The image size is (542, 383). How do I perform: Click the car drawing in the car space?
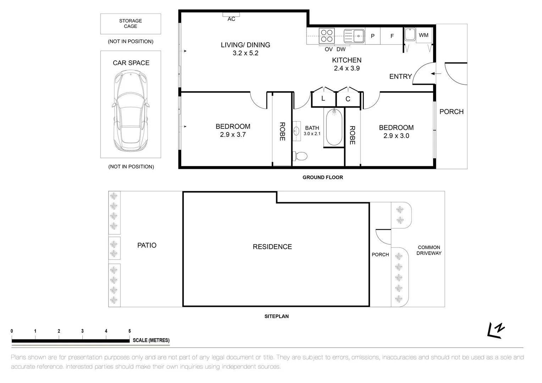point(131,111)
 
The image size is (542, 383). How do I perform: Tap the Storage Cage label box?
point(131,24)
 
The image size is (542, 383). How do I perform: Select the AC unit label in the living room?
point(231,19)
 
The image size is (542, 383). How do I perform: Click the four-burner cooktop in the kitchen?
point(326,35)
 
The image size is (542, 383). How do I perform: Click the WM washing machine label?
point(424,35)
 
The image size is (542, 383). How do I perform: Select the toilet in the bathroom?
point(301,156)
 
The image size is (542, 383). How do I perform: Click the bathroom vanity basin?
point(297,131)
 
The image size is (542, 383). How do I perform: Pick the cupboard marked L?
point(323,99)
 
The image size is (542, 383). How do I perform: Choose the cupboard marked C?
point(348,99)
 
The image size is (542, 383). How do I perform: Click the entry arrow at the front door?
point(436,74)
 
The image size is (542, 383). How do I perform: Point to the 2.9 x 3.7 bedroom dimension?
point(233,135)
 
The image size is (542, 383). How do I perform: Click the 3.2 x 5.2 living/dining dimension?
point(245,53)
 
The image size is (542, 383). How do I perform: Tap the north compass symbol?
point(497,330)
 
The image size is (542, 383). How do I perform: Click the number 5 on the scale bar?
point(129,331)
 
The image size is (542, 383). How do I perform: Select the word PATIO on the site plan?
point(147,245)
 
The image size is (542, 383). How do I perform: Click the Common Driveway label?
point(429,250)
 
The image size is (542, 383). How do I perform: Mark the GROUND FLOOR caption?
point(322,177)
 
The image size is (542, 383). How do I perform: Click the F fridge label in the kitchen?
point(392,36)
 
